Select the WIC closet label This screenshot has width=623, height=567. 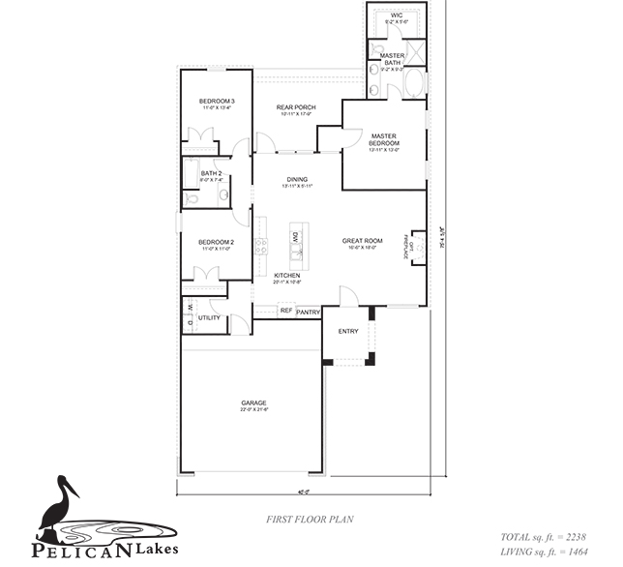pos(397,16)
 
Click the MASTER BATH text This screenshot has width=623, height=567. pos(393,56)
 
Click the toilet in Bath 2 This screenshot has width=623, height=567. pos(192,195)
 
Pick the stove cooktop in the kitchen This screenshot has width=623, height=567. pos(260,246)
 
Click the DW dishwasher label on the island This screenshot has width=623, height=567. pos(294,236)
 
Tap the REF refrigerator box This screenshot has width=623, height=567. pos(285,311)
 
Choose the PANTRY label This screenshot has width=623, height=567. pos(308,313)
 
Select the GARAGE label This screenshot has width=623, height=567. pos(253,403)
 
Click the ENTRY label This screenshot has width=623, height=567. pos(348,332)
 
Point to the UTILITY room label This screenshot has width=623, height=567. pos(209,317)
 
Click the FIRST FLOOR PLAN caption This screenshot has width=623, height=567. pos(310,520)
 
